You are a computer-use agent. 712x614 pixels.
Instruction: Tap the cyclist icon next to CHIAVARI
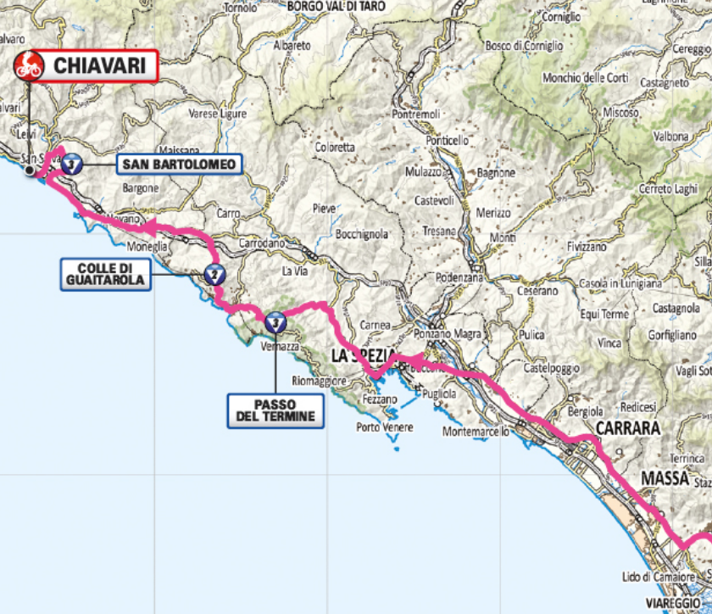pyautogui.click(x=30, y=65)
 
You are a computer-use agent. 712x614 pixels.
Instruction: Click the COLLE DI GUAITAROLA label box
pyautogui.click(x=106, y=274)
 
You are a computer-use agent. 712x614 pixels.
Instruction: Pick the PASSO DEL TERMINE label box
pyautogui.click(x=275, y=410)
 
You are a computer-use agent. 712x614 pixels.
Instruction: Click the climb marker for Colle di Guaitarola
pyautogui.click(x=214, y=274)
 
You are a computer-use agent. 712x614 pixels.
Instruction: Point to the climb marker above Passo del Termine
pyautogui.click(x=275, y=321)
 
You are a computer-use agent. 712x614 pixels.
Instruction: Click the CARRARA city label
pyautogui.click(x=627, y=429)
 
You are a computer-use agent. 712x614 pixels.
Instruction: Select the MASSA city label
pyautogui.click(x=664, y=479)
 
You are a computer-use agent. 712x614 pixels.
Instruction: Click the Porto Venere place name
pyautogui.click(x=385, y=427)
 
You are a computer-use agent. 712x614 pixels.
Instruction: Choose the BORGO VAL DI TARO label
pyautogui.click(x=337, y=7)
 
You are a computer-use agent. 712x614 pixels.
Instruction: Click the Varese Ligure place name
pyautogui.click(x=217, y=114)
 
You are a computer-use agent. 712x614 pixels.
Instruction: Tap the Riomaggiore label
pyautogui.click(x=319, y=381)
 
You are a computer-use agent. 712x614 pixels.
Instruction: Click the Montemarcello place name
pyautogui.click(x=476, y=433)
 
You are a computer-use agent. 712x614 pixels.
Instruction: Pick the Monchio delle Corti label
pyautogui.click(x=585, y=78)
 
